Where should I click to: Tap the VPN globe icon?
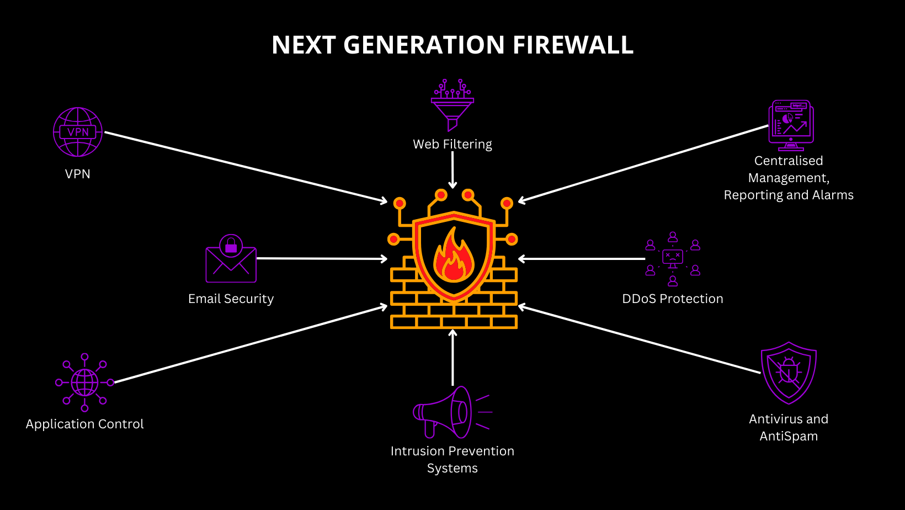78,132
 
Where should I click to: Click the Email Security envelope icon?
231,259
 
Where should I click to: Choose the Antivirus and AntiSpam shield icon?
789,373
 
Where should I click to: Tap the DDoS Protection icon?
673,259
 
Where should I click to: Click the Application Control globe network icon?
84,382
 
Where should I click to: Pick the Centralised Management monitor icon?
791,125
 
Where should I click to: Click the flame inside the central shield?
454,257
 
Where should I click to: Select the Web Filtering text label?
453,144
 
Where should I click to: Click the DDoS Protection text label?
672,299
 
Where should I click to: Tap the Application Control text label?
84,424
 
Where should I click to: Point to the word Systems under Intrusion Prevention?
453,468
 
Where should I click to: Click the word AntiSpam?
789,436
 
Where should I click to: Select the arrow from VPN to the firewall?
246,167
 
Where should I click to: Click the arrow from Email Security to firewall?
322,258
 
